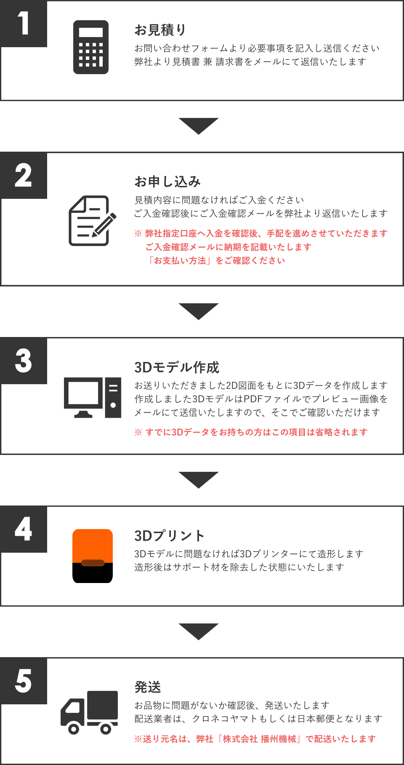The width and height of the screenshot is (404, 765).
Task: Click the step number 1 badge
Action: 24,24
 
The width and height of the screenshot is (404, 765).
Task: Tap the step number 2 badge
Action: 24,175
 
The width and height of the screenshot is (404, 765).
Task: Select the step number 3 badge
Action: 24,361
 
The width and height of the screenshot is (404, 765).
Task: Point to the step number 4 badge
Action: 24,529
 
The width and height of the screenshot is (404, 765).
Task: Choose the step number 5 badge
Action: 24,681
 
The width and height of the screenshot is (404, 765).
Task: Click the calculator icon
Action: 91,47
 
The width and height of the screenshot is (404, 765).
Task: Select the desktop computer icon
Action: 93,398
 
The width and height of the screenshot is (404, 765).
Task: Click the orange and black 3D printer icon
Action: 93,556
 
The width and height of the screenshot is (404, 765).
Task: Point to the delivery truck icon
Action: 89,712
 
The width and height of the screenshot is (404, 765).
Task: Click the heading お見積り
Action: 160,30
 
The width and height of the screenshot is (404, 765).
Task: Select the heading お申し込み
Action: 167,182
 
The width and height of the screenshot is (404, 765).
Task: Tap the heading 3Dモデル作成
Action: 177,367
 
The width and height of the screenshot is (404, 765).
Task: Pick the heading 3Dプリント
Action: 169,536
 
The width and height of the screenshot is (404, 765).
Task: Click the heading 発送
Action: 148,687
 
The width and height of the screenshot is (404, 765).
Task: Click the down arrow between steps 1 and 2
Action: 199,126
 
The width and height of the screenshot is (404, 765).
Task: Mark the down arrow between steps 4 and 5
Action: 199,632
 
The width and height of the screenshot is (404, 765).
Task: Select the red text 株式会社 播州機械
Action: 259,739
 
